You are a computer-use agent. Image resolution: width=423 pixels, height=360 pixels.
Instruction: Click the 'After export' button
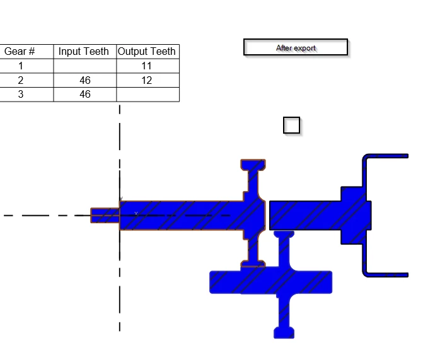296,47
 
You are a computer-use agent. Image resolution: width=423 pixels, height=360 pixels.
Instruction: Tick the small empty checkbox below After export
291,125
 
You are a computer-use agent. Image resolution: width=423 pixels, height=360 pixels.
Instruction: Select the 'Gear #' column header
20,51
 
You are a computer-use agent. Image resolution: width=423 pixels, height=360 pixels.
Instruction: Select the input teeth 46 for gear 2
85,80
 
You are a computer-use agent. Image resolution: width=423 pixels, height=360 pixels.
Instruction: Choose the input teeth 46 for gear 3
85,95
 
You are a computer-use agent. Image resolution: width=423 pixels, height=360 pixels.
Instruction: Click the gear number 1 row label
21,66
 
